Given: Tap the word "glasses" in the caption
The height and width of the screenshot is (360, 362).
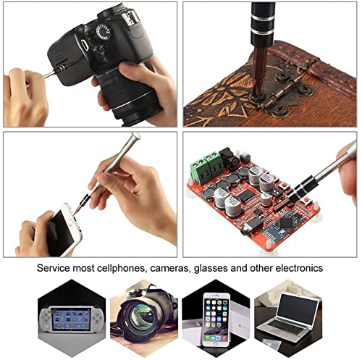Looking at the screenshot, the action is click(211, 269).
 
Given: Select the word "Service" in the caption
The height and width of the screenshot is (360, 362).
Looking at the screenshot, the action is click(53, 268).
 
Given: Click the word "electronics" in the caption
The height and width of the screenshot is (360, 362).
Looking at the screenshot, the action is click(299, 268).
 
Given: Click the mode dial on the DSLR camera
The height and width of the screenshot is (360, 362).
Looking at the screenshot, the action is click(103, 32).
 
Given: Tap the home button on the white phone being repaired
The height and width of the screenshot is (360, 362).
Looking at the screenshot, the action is click(70, 222).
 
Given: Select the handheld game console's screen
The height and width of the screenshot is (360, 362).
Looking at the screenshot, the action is click(71, 319).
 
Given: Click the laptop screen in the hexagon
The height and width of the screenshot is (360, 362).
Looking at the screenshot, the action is click(297, 307).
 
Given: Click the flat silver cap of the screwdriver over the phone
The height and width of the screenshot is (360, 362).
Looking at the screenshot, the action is click(136, 136).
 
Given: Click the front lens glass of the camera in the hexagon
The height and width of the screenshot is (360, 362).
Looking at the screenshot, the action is click(143, 315).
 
